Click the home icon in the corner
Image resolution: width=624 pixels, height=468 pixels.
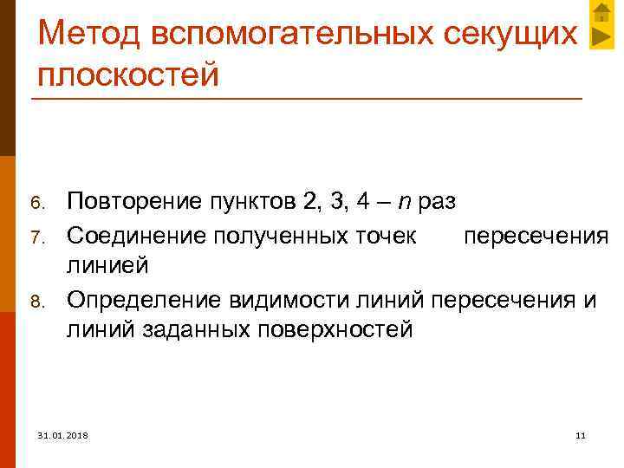point(601,12)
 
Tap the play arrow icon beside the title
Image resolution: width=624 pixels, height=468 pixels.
point(601,37)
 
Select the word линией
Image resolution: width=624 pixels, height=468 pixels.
point(108,266)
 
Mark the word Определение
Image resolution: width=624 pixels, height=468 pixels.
point(145,299)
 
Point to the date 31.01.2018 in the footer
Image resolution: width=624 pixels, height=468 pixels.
point(63,433)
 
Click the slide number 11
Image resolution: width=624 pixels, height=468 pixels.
point(580,433)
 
